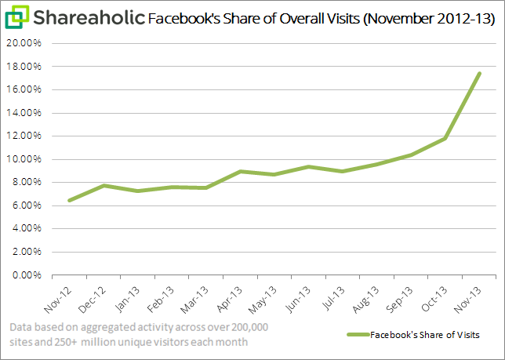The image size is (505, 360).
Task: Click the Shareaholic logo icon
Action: (18, 16)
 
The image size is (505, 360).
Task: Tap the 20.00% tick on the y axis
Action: (29, 43)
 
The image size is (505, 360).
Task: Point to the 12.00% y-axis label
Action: (29, 136)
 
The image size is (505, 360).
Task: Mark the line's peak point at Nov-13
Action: (479, 74)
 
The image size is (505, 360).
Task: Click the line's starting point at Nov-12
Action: (70, 201)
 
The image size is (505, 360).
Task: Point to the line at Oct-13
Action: (445, 139)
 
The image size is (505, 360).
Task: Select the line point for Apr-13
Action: (241, 171)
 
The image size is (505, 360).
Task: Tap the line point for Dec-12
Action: (104, 186)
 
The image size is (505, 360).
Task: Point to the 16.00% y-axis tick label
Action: (29, 89)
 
